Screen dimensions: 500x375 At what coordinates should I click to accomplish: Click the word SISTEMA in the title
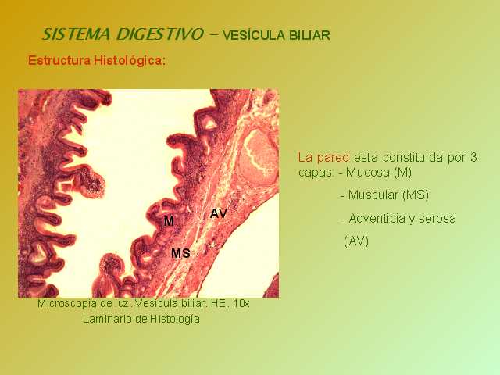click(x=77, y=34)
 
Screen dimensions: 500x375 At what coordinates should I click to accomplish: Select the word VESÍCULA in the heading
click(x=253, y=35)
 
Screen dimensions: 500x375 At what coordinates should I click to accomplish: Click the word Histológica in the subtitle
click(x=130, y=61)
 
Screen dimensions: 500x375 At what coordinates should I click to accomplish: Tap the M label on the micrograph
click(x=169, y=220)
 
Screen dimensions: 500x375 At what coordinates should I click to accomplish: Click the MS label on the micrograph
click(x=180, y=253)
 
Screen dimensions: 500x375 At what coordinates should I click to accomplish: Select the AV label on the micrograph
click(x=219, y=213)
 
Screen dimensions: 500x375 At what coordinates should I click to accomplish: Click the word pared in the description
click(x=333, y=158)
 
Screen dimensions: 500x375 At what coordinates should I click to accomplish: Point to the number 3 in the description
click(x=473, y=157)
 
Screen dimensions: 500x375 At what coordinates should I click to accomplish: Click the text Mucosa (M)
click(x=379, y=173)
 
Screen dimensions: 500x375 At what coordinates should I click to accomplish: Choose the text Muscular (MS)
click(x=388, y=195)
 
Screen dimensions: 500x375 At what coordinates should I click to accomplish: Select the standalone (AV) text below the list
click(x=356, y=241)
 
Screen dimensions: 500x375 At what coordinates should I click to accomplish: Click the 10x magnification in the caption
click(x=241, y=303)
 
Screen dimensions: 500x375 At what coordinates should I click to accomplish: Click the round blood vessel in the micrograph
click(x=258, y=157)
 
